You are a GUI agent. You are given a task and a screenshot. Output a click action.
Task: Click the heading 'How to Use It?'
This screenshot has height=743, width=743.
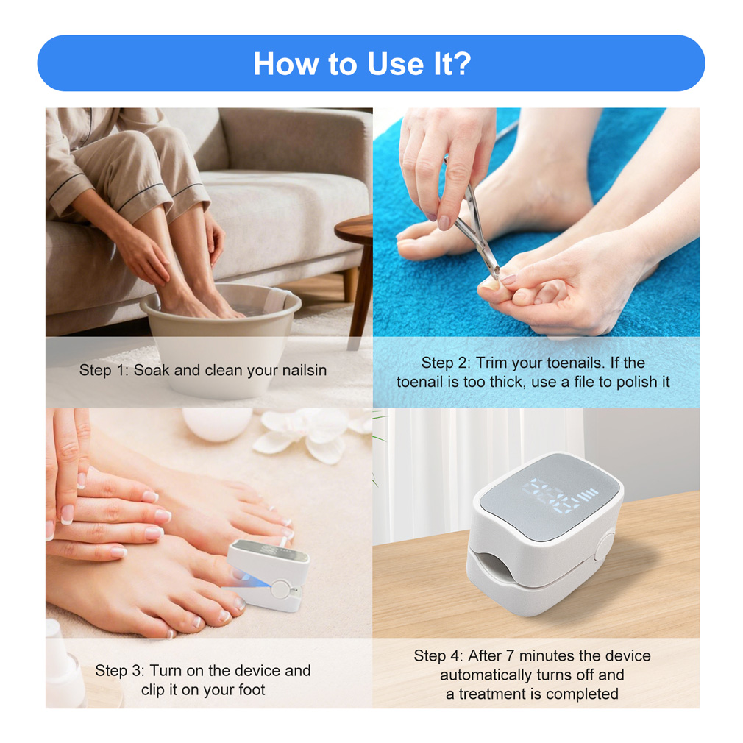coord(363,63)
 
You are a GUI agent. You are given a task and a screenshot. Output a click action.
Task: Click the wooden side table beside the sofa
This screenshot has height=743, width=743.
coord(358,266)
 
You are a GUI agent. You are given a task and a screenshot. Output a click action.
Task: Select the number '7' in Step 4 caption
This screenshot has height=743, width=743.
coord(510,655)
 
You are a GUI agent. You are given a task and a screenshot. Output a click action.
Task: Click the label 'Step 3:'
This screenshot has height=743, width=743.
coord(119,670)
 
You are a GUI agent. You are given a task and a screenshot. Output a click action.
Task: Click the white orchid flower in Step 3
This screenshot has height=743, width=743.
coord(313,433)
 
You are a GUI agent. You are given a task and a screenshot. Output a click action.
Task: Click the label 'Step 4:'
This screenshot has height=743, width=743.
coord(438,655)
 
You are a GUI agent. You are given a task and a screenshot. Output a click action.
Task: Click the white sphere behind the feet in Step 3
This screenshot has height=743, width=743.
coord(218,424)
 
